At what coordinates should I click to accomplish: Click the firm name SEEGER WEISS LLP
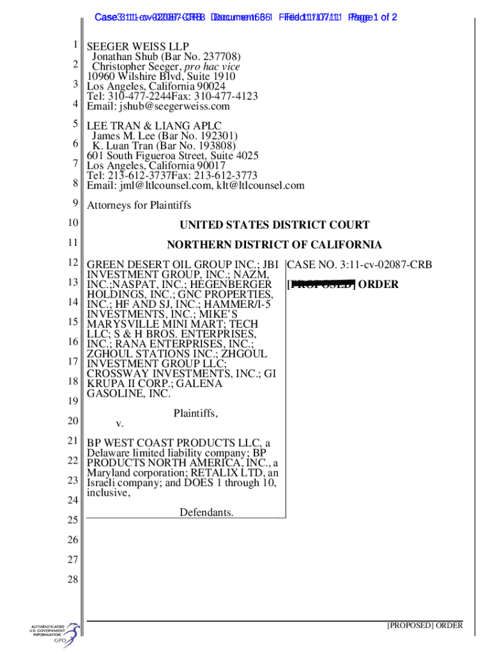click(137, 47)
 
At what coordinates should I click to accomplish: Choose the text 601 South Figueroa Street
click(142, 155)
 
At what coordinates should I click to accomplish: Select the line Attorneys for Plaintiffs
click(139, 206)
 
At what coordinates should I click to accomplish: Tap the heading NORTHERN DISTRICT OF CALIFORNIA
click(274, 245)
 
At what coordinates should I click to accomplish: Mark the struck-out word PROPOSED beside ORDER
click(323, 284)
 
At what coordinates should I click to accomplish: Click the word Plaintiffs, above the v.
click(196, 414)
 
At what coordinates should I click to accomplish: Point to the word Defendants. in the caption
click(206, 512)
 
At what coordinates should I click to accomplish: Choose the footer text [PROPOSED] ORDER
click(424, 626)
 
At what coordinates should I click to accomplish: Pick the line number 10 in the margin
click(72, 223)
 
